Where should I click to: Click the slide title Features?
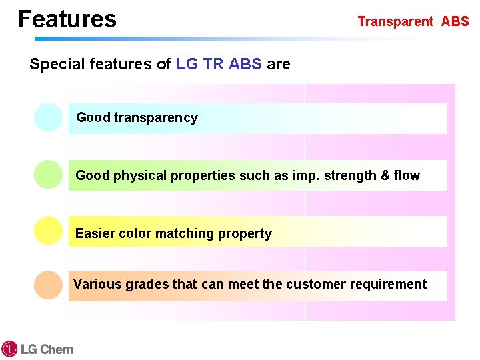(x=67, y=19)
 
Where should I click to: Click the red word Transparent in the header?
(x=395, y=21)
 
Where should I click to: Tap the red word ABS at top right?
(x=455, y=21)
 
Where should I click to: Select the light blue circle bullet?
(x=48, y=117)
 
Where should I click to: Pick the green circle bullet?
(x=48, y=175)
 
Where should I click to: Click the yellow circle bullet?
(x=48, y=231)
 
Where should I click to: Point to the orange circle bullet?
(x=48, y=285)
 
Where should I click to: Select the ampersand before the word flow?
(x=385, y=176)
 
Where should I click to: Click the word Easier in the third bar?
(x=95, y=234)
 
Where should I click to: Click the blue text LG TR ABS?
(x=219, y=65)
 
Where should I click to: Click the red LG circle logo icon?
(x=9, y=349)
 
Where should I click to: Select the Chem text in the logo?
(x=57, y=349)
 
